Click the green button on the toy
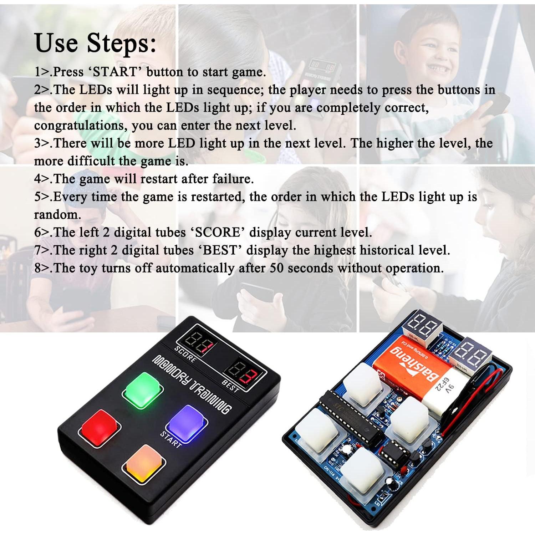click(143, 391)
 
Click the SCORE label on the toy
click(185, 354)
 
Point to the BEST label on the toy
click(230, 386)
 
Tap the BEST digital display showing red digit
click(245, 373)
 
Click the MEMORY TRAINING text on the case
click(192, 384)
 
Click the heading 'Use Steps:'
click(95, 43)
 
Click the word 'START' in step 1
click(115, 72)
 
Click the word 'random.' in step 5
click(57, 215)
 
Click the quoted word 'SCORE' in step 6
click(217, 233)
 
